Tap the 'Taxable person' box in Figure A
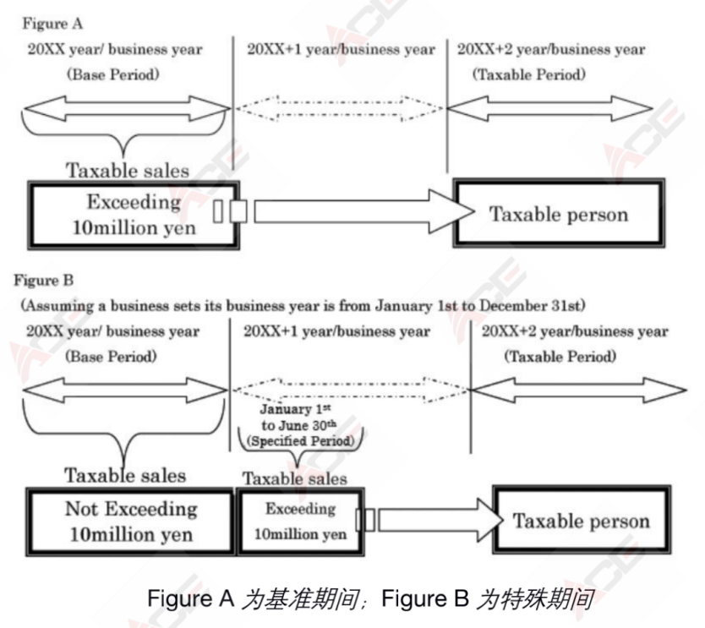[559, 213]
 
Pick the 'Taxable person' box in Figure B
[581, 520]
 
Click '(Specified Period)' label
[300, 441]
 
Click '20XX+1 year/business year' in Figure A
[339, 49]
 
